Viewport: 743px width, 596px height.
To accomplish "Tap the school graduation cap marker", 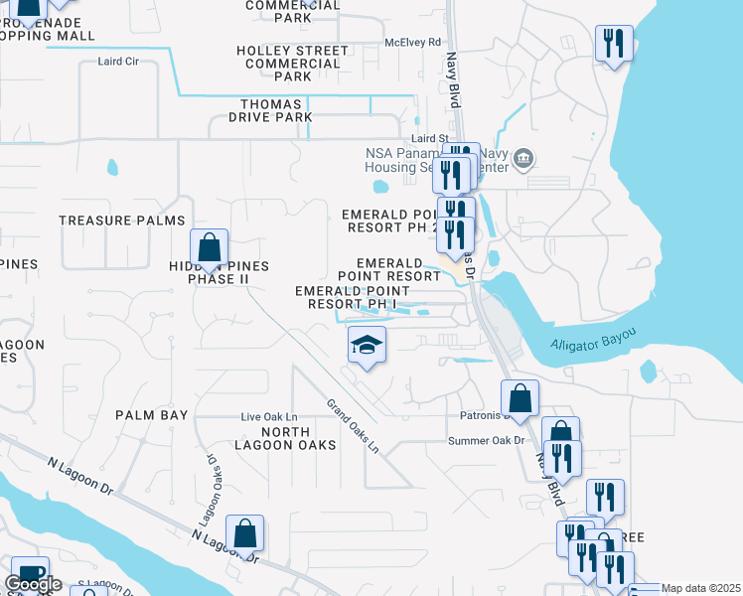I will point(367,346).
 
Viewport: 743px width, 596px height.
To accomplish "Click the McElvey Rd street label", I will point(412,43).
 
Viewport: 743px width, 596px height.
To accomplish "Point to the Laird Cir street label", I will point(118,62).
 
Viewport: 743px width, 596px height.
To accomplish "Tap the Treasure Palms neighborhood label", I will point(122,221).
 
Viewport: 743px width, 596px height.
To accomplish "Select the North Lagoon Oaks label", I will point(299,438).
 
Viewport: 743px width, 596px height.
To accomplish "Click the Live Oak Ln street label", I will point(269,416).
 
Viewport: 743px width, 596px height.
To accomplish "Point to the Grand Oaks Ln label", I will point(354,426).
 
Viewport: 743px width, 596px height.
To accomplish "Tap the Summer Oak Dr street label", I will point(486,441).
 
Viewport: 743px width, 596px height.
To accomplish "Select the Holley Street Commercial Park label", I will point(293,63).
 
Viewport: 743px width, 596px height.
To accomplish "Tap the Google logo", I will point(33,584).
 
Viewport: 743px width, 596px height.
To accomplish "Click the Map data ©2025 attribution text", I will point(699,588).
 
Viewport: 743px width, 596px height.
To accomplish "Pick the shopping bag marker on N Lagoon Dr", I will point(245,533).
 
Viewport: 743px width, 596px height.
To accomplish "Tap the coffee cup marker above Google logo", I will point(29,574).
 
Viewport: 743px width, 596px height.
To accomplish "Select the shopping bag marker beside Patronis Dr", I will point(520,398).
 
